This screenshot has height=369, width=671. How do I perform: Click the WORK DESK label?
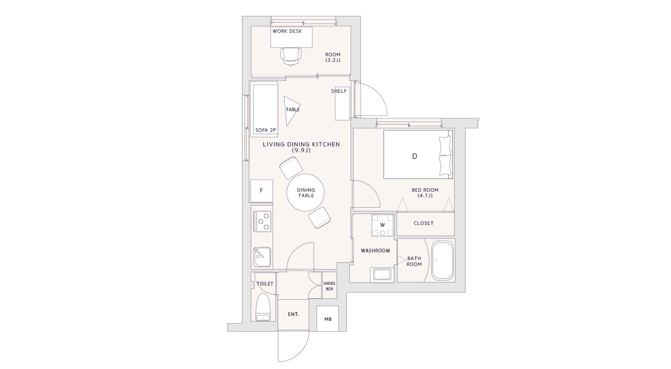click(287, 31)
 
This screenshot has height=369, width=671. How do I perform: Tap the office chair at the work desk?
click(291, 57)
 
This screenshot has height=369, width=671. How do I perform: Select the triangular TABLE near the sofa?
click(291, 111)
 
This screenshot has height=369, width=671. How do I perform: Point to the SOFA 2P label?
click(265, 130)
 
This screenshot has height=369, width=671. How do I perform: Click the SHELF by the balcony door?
click(342, 104)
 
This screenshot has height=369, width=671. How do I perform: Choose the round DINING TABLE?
click(306, 192)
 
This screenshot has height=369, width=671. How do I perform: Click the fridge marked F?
click(262, 191)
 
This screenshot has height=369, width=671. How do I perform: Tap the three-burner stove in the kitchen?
click(263, 221)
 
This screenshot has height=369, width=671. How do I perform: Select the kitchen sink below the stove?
click(262, 257)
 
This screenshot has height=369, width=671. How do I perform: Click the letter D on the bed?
click(415, 156)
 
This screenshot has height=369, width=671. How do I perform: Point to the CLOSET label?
click(424, 223)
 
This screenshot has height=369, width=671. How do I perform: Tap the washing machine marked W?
click(382, 226)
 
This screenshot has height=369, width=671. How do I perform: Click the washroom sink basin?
click(382, 275)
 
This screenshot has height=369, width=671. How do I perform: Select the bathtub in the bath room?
click(442, 260)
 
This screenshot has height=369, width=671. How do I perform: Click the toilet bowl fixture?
click(263, 307)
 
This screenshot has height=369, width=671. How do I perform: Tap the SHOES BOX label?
click(329, 286)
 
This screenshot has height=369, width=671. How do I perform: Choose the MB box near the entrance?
click(328, 319)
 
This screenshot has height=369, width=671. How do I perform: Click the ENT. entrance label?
click(293, 314)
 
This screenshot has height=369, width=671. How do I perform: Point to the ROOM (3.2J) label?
click(333, 57)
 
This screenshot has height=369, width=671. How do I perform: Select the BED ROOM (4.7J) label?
click(425, 192)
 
